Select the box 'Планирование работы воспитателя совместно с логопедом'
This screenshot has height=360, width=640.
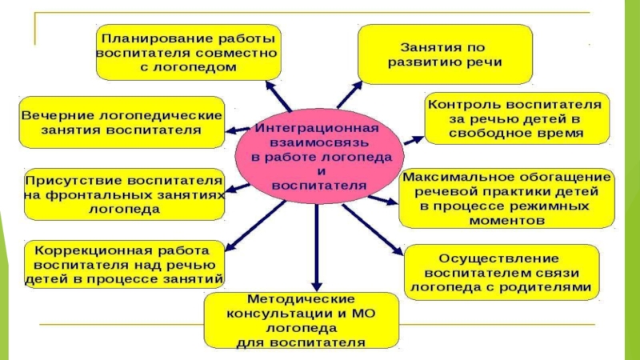coord(187,52)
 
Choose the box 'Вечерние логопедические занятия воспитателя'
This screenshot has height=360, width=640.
coord(120,122)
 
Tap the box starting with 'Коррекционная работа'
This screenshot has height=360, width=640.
coord(124,264)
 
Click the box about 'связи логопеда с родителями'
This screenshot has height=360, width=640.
coord(500,272)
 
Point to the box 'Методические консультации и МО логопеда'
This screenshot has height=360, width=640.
coord(301,320)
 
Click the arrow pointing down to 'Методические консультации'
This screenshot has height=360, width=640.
coord(318,248)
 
